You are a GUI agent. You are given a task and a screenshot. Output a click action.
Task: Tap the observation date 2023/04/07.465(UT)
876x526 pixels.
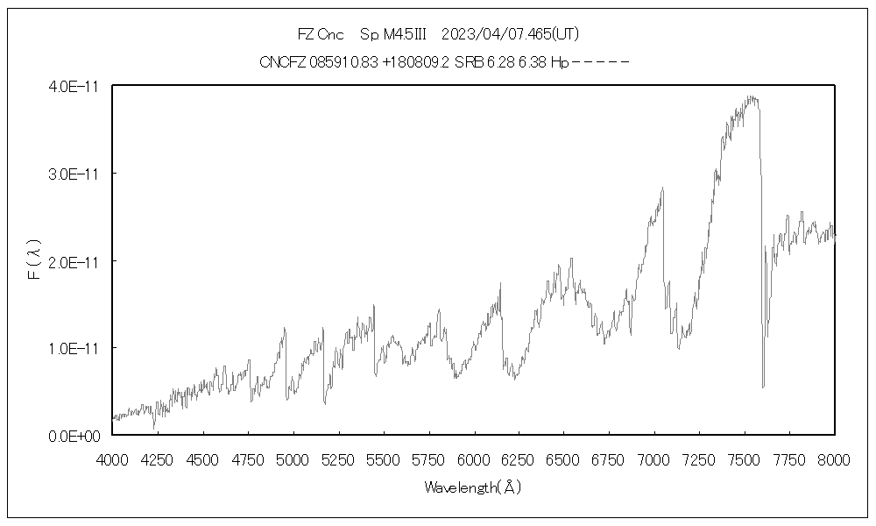(x=511, y=35)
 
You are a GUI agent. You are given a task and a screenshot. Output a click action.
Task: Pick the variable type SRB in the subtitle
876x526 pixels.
(x=468, y=62)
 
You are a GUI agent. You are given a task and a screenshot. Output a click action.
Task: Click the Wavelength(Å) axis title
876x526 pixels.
(x=473, y=487)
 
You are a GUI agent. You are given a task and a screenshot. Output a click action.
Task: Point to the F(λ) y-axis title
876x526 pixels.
(x=34, y=261)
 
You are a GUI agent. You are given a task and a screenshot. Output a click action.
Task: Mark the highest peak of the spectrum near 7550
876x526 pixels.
(x=750, y=97)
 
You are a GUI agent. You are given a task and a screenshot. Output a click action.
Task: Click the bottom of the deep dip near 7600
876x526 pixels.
(x=763, y=387)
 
